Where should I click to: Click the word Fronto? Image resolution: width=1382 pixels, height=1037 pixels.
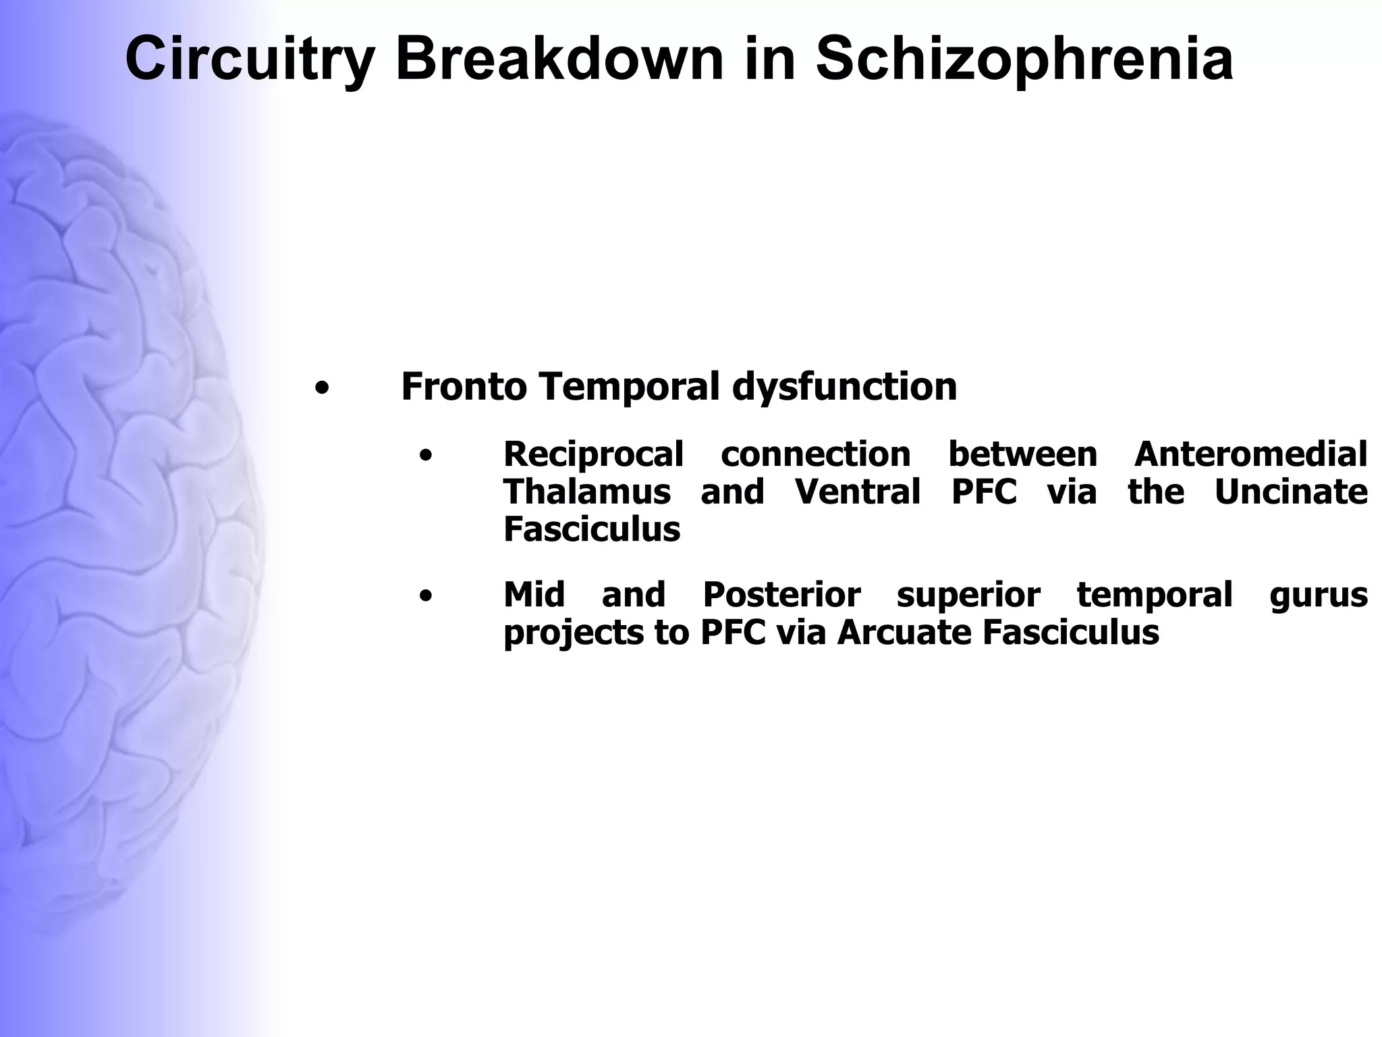pos(464,387)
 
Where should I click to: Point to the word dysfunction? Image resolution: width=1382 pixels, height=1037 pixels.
pos(844,387)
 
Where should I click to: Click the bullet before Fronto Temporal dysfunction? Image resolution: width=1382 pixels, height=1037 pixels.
pos(322,389)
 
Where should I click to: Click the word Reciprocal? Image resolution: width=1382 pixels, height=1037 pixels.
pos(593,454)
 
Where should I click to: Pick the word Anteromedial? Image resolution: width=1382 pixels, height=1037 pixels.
pos(1250,454)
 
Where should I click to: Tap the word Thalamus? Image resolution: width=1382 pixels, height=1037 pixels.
pos(586,491)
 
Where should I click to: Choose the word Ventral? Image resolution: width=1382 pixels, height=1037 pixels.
pos(858,491)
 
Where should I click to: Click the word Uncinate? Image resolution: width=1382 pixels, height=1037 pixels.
pos(1291,491)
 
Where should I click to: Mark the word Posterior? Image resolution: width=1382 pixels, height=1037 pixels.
pos(781,595)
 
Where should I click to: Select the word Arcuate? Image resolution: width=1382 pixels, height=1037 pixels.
pos(904,633)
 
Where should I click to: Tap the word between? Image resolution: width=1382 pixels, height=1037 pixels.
pos(1022,454)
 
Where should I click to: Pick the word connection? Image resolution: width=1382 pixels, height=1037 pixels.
pos(815,454)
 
